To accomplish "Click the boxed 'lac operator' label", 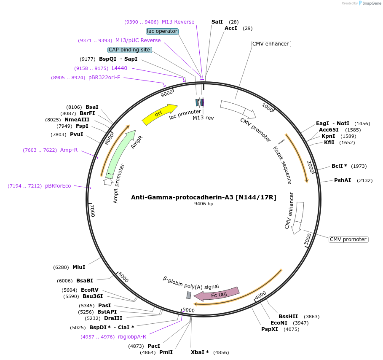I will point(162,31).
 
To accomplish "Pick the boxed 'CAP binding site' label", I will point(129,50).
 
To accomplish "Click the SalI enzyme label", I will point(217,21).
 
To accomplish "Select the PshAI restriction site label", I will point(343,180).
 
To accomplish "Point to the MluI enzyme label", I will point(79,267).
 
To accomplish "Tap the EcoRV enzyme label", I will point(89,290).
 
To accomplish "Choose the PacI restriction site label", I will point(154,346).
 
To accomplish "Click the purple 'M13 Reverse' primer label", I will point(178,22).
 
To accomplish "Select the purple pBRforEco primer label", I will point(58,186).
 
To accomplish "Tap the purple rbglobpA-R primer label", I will point(132,337).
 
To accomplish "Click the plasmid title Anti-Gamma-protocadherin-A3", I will point(204,197).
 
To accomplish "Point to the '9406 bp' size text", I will point(204,204).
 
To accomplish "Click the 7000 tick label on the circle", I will point(92,210).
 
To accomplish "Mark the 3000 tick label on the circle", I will point(308,240).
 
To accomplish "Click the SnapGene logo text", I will point(371,3).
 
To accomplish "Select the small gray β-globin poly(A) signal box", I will point(189,295).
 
